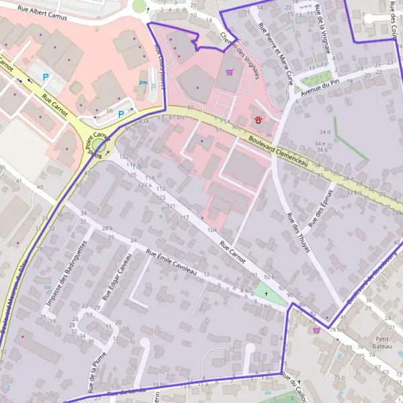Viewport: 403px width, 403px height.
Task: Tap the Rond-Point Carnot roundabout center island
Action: pyautogui.click(x=99, y=146)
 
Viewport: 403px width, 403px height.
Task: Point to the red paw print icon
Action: pyautogui.click(x=258, y=119)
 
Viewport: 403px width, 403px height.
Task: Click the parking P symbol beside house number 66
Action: pyautogui.click(x=121, y=114)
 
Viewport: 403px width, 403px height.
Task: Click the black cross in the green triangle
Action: pyautogui.click(x=267, y=294)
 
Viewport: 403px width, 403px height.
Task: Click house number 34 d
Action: pyautogui.click(x=325, y=132)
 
